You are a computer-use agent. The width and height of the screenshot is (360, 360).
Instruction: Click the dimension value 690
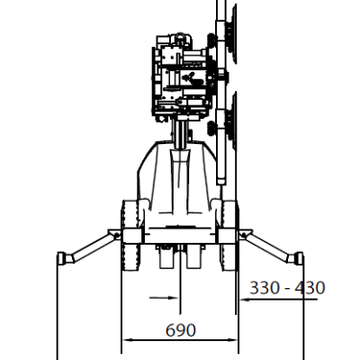(181, 330)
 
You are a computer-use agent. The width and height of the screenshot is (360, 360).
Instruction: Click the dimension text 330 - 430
(287, 288)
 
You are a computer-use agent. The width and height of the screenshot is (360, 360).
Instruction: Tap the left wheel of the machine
(130, 236)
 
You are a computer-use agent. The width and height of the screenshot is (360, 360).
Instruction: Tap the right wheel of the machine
(229, 236)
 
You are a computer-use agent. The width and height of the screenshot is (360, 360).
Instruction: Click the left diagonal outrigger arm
(93, 247)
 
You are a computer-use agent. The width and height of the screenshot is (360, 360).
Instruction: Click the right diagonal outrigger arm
(267, 247)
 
